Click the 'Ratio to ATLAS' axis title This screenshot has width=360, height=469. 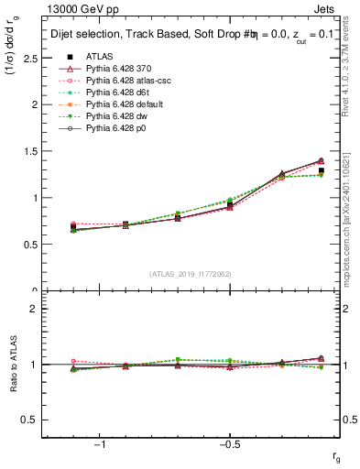click(12, 365)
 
